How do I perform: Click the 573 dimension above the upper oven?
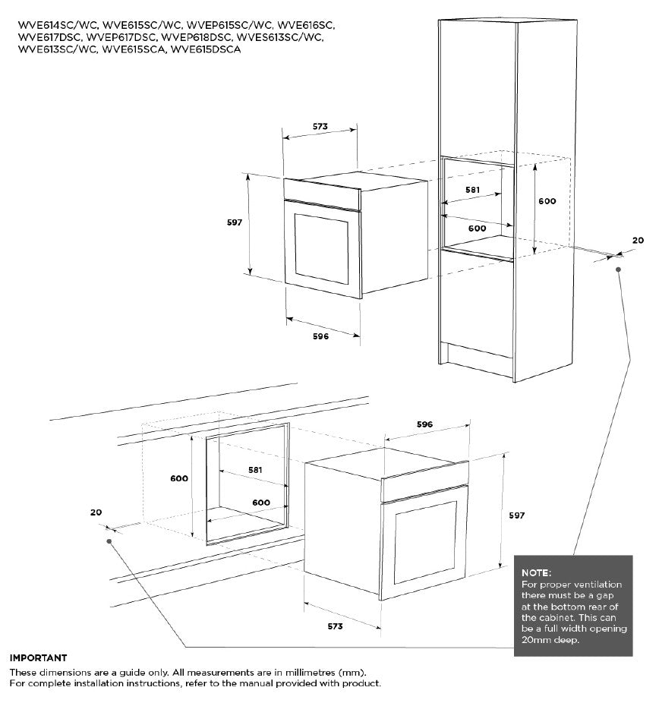tap(319, 127)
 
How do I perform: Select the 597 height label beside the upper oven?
tap(234, 222)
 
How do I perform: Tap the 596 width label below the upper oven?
tap(320, 336)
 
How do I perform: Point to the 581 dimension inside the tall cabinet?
tap(474, 190)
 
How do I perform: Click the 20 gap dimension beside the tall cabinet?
tap(637, 240)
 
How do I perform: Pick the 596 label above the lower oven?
tap(424, 424)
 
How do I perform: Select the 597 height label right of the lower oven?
tap(516, 515)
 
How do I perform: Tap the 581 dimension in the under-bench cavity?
tap(255, 470)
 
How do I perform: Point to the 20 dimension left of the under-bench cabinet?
tap(95, 512)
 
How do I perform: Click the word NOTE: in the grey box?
tap(537, 572)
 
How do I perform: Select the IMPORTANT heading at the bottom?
tap(38, 657)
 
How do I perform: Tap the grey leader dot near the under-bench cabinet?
tap(110, 541)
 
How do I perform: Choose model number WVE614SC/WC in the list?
tap(52, 25)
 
